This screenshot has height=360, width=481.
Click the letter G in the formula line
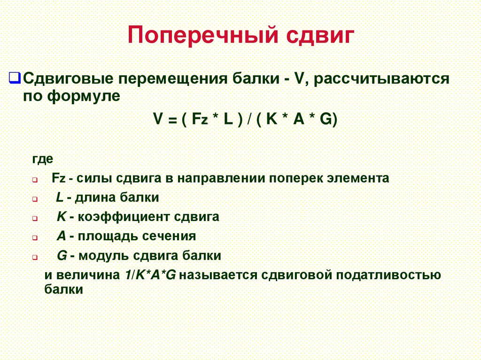pos(326,119)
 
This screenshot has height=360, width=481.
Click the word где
pos(42,159)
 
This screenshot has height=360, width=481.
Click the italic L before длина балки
pos(59,198)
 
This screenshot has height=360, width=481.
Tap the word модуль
pos(105,256)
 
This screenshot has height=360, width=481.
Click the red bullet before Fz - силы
pos(35,180)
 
